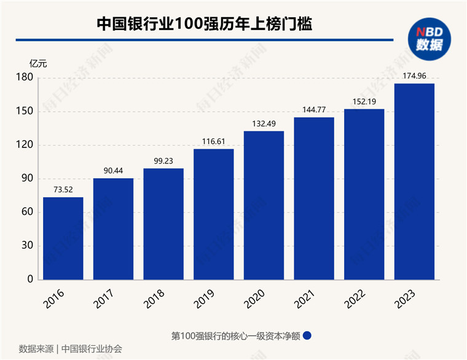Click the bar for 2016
pos(63,238)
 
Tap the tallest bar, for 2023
pos(414,181)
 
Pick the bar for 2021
pos(314,198)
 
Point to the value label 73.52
pos(63,190)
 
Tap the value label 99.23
pos(163,162)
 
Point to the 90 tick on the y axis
pos(26,179)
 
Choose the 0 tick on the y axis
pos(29,280)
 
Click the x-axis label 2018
pos(159,298)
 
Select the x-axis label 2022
pos(360,298)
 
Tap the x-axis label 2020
pos(259,298)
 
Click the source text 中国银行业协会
pos(92,348)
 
